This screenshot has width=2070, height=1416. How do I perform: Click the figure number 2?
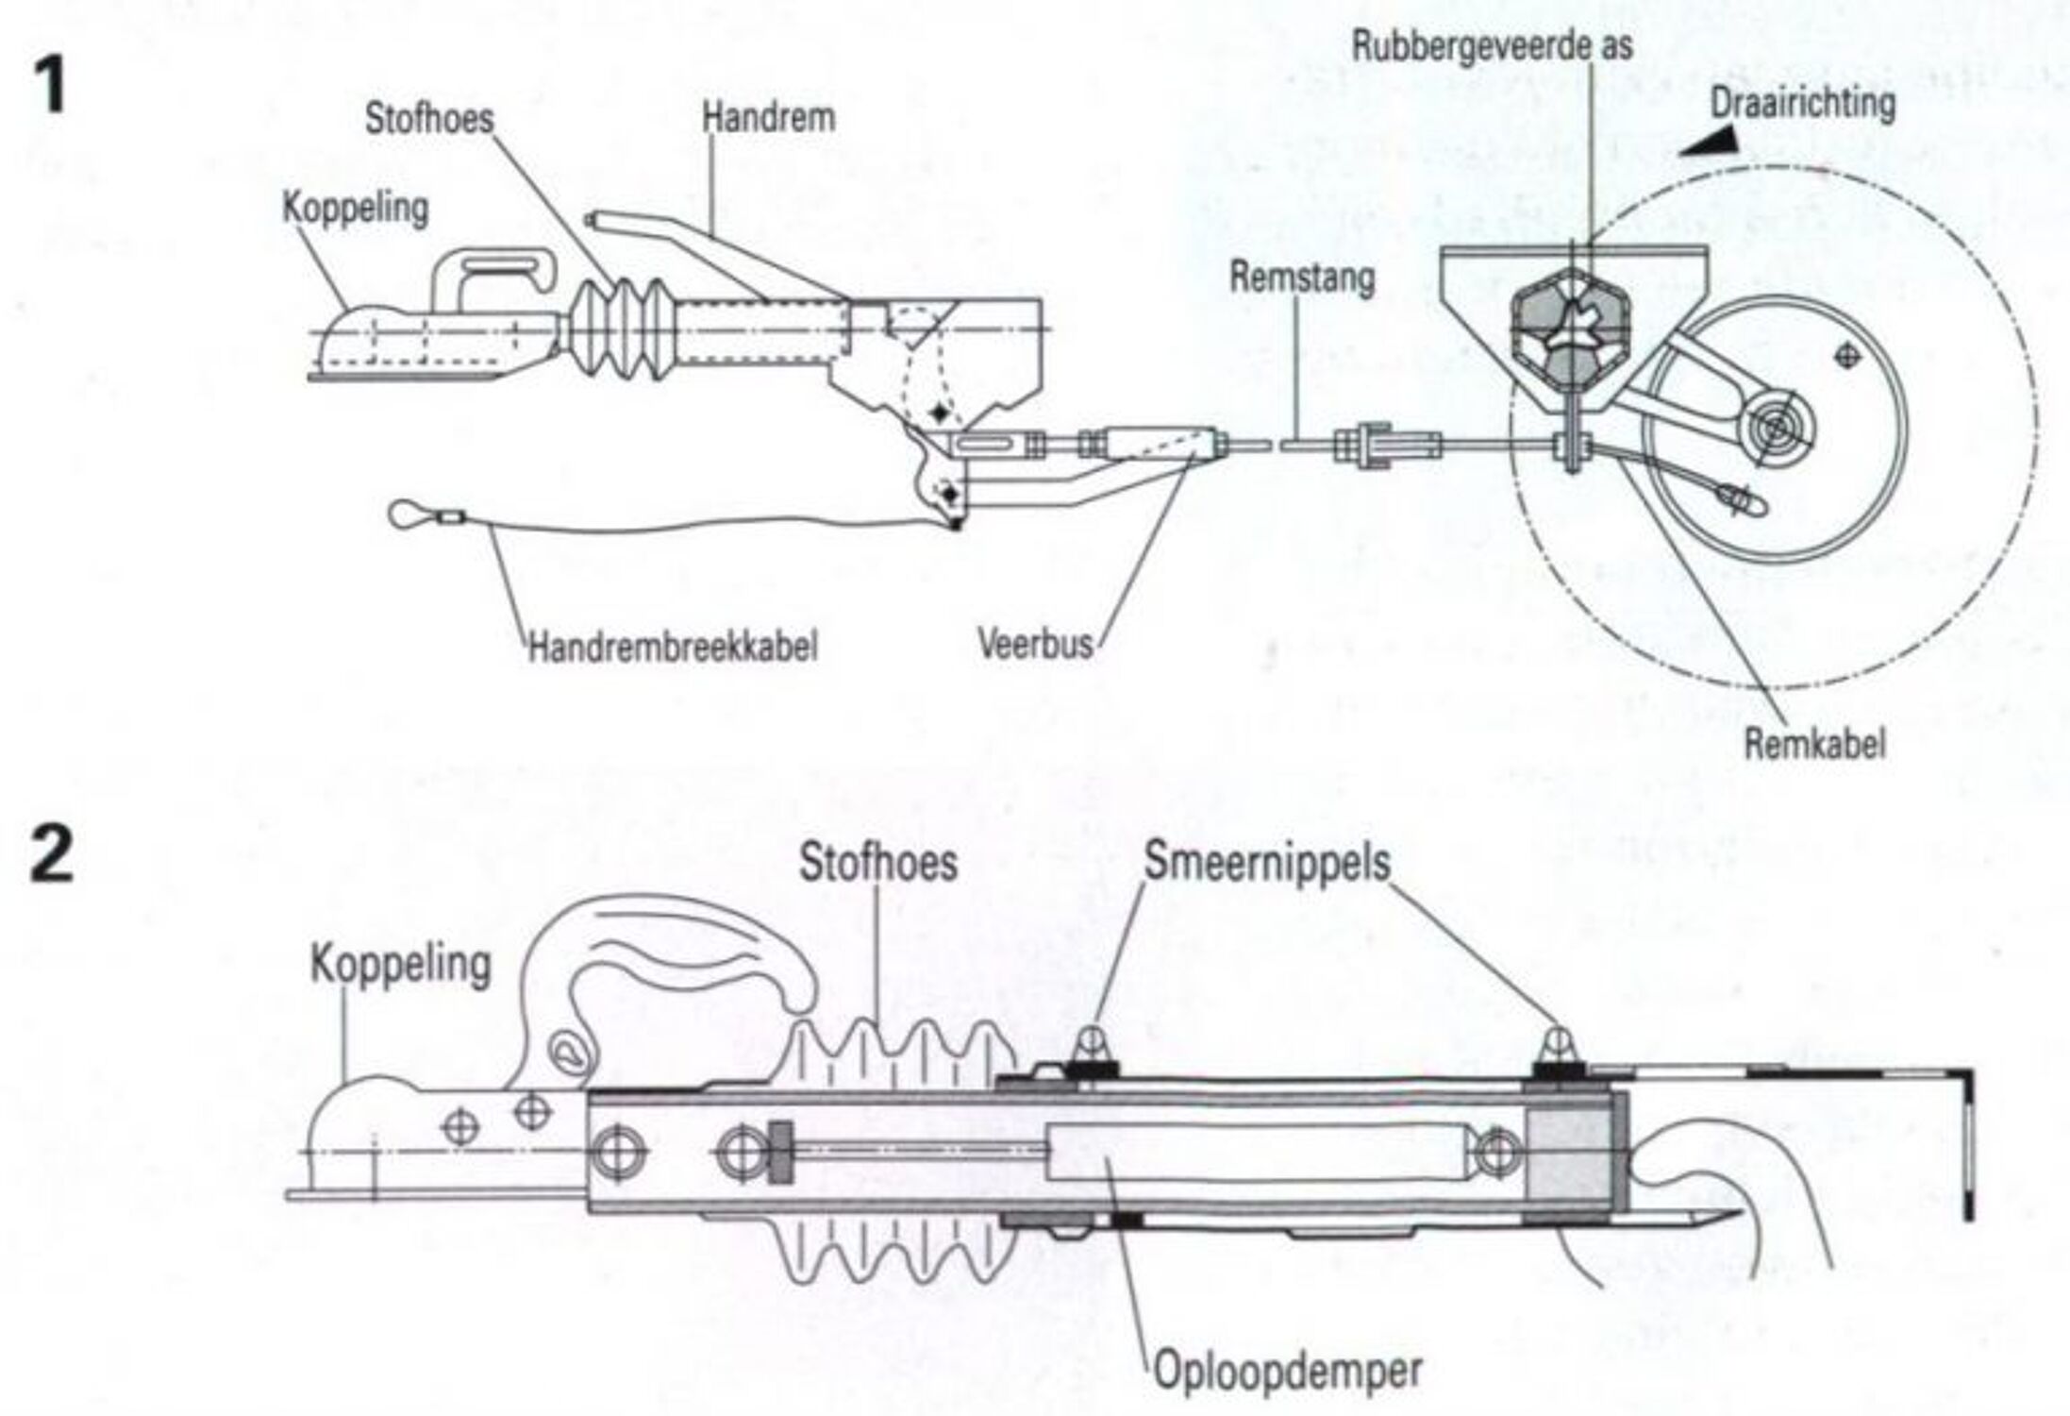pyautogui.click(x=51, y=855)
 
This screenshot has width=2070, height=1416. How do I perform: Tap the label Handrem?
pyautogui.click(x=768, y=118)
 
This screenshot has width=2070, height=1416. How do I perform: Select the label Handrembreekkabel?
pyautogui.click(x=672, y=648)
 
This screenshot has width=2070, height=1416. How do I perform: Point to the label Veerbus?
pyautogui.click(x=1035, y=644)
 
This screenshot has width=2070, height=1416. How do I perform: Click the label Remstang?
pyautogui.click(x=1302, y=278)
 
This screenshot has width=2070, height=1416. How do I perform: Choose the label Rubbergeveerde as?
pyautogui.click(x=1492, y=45)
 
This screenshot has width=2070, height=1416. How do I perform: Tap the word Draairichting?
pyautogui.click(x=1802, y=103)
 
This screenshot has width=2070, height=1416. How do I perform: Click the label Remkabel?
pyautogui.click(x=1813, y=744)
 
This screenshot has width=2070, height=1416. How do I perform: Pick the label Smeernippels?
pyautogui.click(x=1267, y=861)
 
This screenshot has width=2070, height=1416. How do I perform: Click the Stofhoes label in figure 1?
pyautogui.click(x=429, y=119)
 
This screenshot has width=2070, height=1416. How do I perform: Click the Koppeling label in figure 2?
pyautogui.click(x=401, y=965)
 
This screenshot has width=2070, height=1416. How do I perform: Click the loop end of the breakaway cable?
pyautogui.click(x=408, y=514)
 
